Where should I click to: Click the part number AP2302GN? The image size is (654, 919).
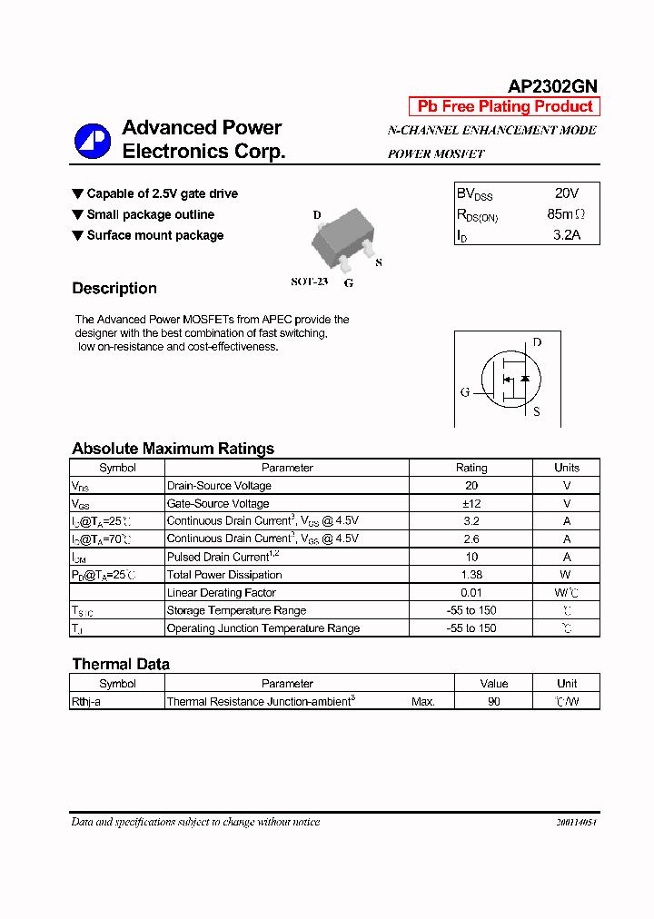[552, 86]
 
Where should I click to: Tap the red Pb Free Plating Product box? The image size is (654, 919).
[504, 106]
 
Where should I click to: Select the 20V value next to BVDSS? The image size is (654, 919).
[566, 193]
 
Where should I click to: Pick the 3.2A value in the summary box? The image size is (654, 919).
[566, 235]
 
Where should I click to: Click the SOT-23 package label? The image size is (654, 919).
[309, 282]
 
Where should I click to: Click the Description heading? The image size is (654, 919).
[114, 289]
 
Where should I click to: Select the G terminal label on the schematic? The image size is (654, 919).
[465, 392]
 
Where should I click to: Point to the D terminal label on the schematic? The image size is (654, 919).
[537, 342]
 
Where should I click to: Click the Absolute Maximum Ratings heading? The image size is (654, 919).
[173, 449]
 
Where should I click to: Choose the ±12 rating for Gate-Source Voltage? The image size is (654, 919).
[471, 503]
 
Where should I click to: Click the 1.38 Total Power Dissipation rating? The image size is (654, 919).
[471, 575]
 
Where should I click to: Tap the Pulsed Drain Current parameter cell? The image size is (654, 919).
[222, 557]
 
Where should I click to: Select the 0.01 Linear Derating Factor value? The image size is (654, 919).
[471, 593]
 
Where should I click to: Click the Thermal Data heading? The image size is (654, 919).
[121, 664]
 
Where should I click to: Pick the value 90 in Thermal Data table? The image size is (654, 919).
[493, 702]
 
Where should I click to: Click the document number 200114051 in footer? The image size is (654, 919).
[576, 822]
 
